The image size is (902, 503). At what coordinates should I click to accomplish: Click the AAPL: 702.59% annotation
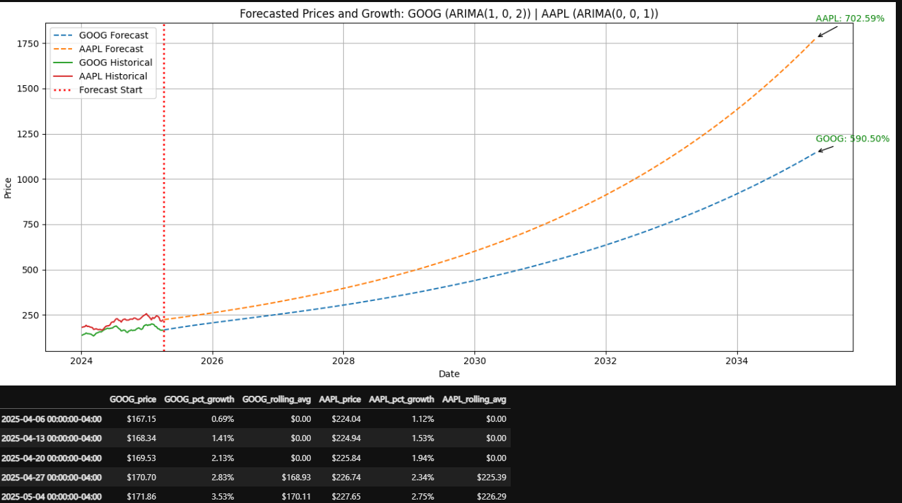point(850,19)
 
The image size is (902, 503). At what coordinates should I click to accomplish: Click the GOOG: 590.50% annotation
point(852,138)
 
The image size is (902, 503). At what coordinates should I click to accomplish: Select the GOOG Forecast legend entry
point(113,35)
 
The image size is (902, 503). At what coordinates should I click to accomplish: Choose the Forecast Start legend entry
point(111,90)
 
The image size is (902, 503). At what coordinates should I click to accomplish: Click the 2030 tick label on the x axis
point(474,360)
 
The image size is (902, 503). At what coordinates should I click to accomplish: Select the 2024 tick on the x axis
point(81,360)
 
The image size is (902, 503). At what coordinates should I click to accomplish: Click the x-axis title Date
point(449,374)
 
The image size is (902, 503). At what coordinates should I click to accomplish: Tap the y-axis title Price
point(8,188)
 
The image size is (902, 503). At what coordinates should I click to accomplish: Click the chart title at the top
point(449,14)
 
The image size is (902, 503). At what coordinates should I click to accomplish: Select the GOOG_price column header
point(132,399)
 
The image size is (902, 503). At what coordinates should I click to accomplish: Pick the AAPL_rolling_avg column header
point(474,399)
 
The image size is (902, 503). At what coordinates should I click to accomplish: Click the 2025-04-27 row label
point(51,477)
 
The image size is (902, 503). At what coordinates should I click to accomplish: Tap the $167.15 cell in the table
point(141,418)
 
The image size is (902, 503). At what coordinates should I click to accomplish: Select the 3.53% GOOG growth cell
point(222,496)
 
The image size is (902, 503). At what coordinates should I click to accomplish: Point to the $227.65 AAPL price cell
point(346,496)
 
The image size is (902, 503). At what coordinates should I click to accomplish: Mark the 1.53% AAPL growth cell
point(422,438)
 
